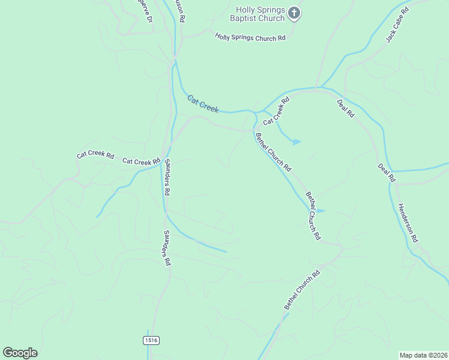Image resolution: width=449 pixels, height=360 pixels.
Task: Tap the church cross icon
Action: [294, 12]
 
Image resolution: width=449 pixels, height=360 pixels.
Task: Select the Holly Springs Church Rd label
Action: [250, 37]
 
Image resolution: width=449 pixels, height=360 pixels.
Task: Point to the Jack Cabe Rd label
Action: [397, 25]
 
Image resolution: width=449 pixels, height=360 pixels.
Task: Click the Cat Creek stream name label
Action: [202, 103]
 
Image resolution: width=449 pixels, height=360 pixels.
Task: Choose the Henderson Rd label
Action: [407, 222]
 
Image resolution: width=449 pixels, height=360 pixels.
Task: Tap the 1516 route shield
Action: [151, 340]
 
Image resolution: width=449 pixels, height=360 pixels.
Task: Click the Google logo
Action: [20, 353]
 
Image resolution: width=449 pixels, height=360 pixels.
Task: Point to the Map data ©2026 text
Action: [423, 355]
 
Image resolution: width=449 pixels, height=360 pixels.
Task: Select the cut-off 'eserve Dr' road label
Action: [145, 10]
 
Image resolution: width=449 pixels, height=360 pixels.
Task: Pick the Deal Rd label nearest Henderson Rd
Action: [387, 173]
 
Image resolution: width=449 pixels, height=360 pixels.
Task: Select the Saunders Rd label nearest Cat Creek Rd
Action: [167, 177]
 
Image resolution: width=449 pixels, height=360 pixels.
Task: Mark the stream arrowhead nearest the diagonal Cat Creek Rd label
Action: [297, 142]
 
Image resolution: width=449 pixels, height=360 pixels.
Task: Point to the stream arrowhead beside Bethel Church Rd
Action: [321, 211]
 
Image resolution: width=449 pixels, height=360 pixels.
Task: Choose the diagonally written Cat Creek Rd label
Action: [276, 110]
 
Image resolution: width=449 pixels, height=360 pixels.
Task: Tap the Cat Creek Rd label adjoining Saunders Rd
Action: [142, 161]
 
